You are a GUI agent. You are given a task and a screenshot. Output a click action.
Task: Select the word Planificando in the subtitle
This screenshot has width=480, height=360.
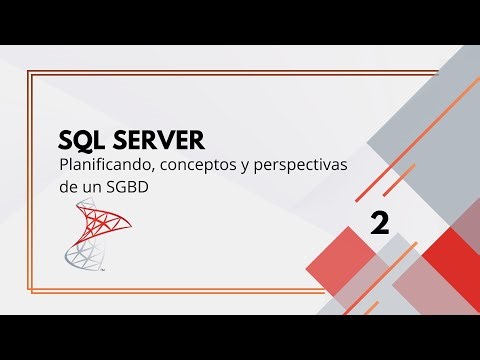tap(103, 164)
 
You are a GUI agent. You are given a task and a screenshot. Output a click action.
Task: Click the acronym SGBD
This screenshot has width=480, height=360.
tap(133, 186)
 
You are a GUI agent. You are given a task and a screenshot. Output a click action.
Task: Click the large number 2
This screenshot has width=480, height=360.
tap(379, 222)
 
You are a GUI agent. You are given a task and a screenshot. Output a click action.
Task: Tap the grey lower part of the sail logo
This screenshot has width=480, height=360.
tap(80, 258)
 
